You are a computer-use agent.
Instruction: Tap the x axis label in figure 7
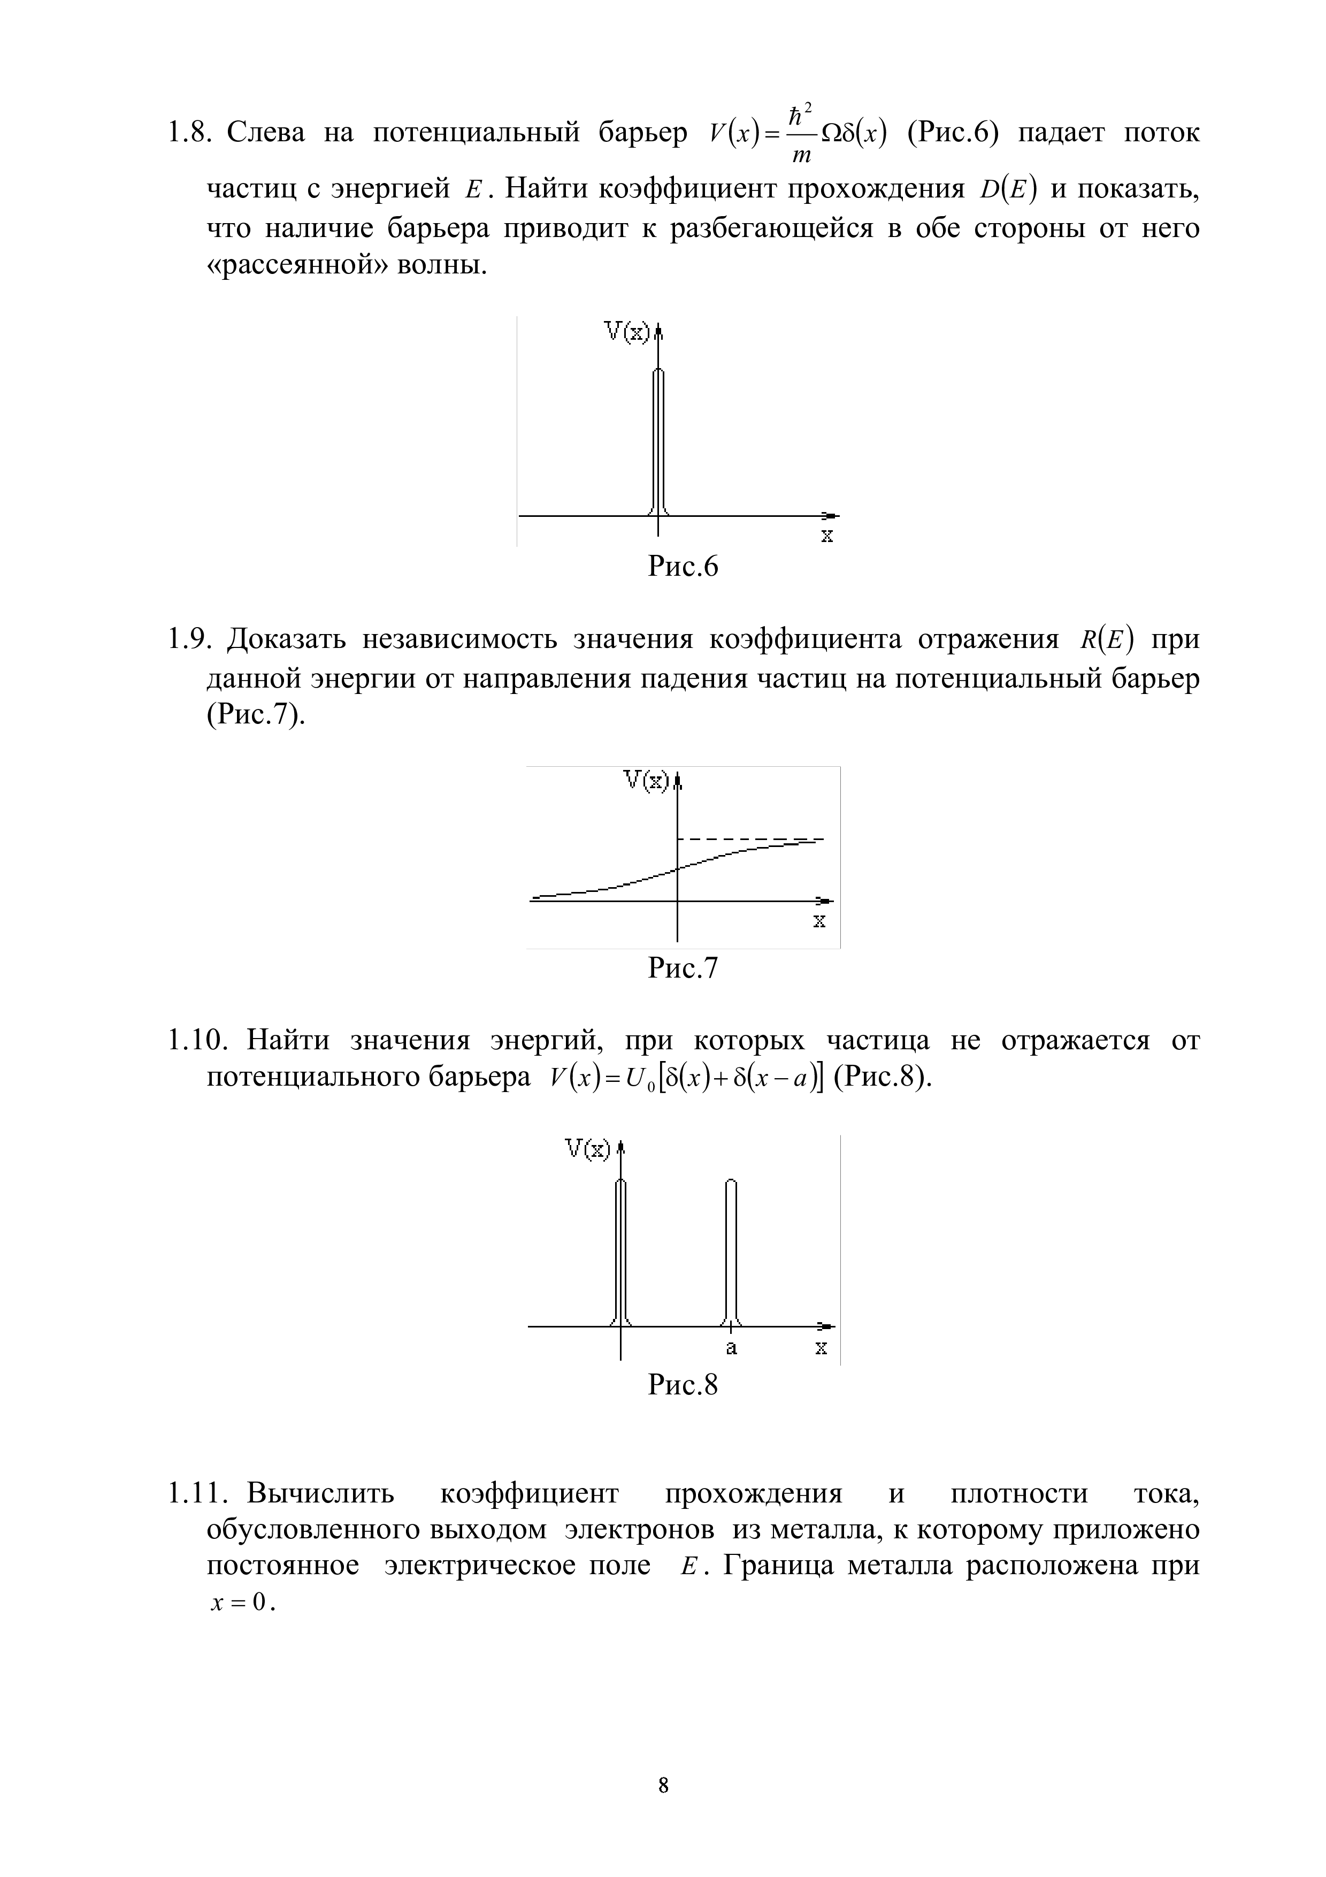click(819, 921)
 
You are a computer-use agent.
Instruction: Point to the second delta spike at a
click(731, 1251)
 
